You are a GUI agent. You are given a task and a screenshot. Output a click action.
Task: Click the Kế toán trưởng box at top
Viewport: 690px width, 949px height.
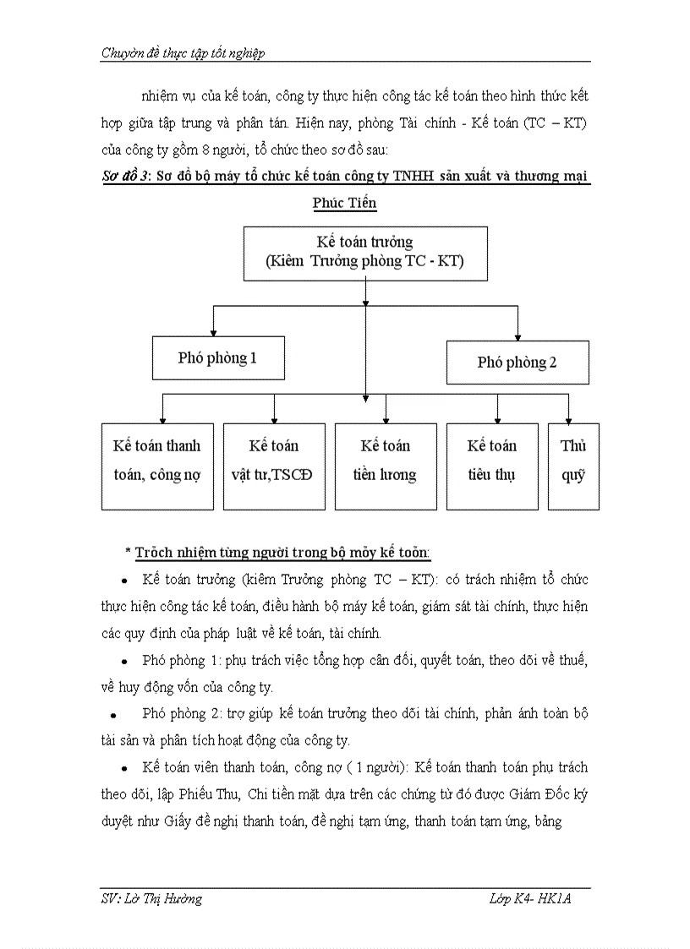365,252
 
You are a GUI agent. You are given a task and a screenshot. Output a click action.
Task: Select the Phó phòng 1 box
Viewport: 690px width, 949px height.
217,357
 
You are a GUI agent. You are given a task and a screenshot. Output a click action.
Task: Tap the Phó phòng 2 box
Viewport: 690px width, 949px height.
517,362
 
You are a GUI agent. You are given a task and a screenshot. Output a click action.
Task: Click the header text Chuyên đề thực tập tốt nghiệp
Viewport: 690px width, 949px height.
183,53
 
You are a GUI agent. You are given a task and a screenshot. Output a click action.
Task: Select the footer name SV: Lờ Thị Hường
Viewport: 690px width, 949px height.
151,899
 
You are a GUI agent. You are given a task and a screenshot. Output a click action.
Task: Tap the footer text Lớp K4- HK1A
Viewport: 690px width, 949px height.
530,899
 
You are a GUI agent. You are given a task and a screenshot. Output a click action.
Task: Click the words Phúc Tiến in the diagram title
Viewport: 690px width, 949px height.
344,203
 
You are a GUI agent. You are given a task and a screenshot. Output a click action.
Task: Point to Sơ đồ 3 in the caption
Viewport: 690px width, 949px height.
118,177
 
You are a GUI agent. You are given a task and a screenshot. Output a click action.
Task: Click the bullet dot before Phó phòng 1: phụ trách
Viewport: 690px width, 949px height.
124,661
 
